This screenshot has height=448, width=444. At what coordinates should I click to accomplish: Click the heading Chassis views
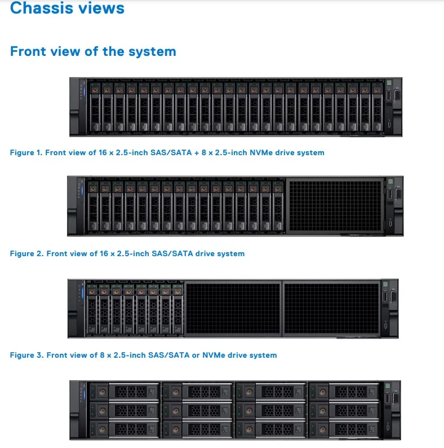[x=68, y=8]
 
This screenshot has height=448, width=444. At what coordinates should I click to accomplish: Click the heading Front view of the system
[x=93, y=51]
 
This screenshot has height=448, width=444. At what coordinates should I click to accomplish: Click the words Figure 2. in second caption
[x=26, y=254]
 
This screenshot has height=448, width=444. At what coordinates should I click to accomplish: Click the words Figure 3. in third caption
[x=26, y=355]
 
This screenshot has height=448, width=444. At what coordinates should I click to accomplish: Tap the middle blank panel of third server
[x=233, y=308]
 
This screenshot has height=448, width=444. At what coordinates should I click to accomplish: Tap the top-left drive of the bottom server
[x=124, y=391]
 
